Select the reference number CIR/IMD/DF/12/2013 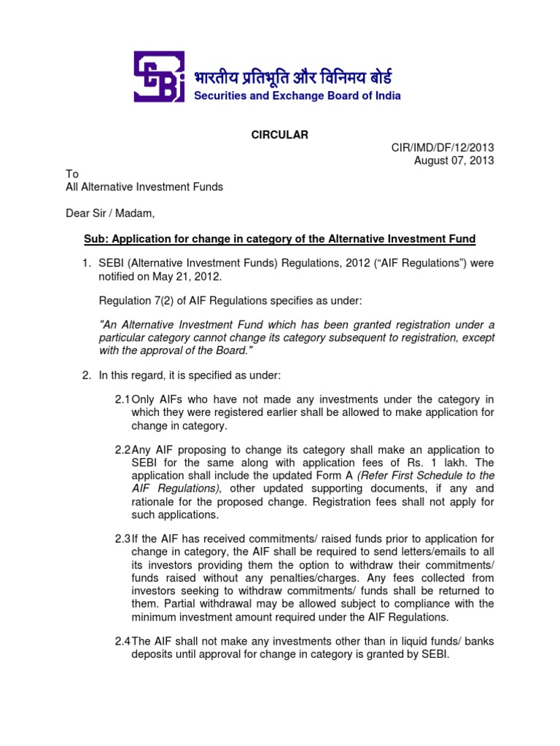point(443,148)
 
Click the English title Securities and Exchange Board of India point(297,95)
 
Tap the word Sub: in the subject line point(96,240)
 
